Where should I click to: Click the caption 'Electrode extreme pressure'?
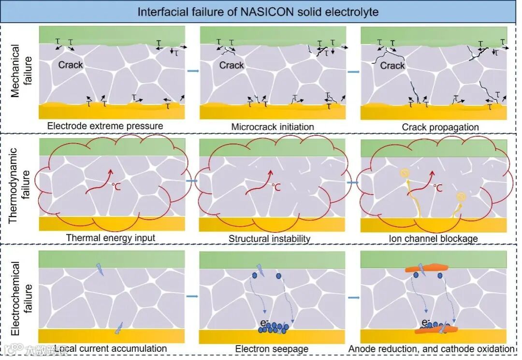pyautogui.click(x=105, y=126)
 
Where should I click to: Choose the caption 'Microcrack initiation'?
pyautogui.click(x=273, y=127)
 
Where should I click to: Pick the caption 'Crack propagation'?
pyautogui.click(x=440, y=127)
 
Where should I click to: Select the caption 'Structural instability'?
pyautogui.click(x=270, y=238)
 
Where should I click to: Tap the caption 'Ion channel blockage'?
pyautogui.click(x=433, y=238)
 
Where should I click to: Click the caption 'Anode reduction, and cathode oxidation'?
pyautogui.click(x=432, y=348)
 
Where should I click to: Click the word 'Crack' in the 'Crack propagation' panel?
pyautogui.click(x=392, y=65)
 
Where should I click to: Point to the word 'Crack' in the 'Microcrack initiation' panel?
pyautogui.click(x=232, y=65)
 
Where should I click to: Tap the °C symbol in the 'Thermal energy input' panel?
pyautogui.click(x=116, y=186)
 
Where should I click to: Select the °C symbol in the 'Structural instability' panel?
pyautogui.click(x=275, y=187)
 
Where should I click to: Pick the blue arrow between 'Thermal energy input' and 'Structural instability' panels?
pyautogui.click(x=192, y=181)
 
